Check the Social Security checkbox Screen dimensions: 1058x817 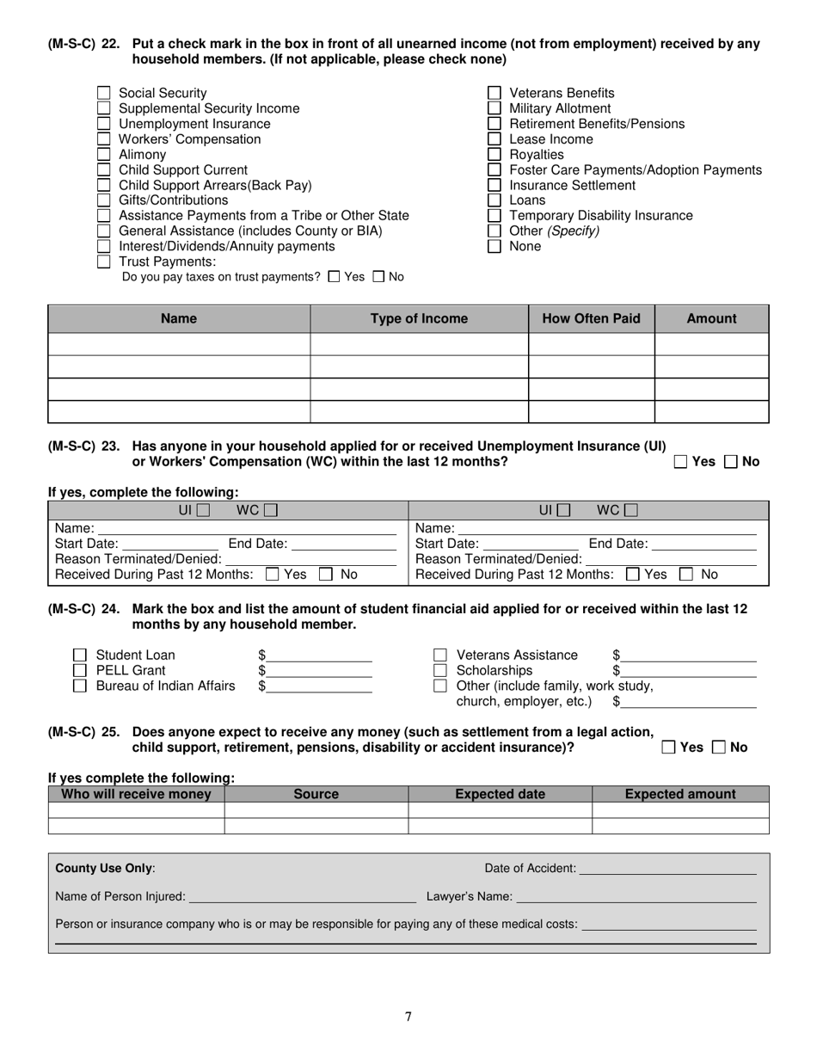point(103,93)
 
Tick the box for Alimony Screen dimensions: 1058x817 point(103,155)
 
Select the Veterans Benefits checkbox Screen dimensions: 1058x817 point(494,93)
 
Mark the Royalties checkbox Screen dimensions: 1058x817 point(494,155)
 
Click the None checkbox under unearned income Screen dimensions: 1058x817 point(494,247)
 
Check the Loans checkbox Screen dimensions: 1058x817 point(494,200)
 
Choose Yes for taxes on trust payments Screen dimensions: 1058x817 point(335,277)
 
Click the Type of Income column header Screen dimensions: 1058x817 point(419,319)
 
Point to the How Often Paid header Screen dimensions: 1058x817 point(591,319)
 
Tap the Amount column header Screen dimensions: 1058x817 point(711,319)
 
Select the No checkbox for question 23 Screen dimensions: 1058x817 point(732,462)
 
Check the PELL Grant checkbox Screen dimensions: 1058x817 point(80,671)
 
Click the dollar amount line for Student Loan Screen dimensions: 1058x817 point(320,657)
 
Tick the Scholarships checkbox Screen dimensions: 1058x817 point(440,671)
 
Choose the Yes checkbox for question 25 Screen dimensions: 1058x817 point(669,748)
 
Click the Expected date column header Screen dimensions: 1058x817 point(500,795)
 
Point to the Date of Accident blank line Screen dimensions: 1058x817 point(668,870)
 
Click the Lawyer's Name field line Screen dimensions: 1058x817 point(636,899)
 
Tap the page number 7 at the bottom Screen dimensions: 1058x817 point(408,1018)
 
